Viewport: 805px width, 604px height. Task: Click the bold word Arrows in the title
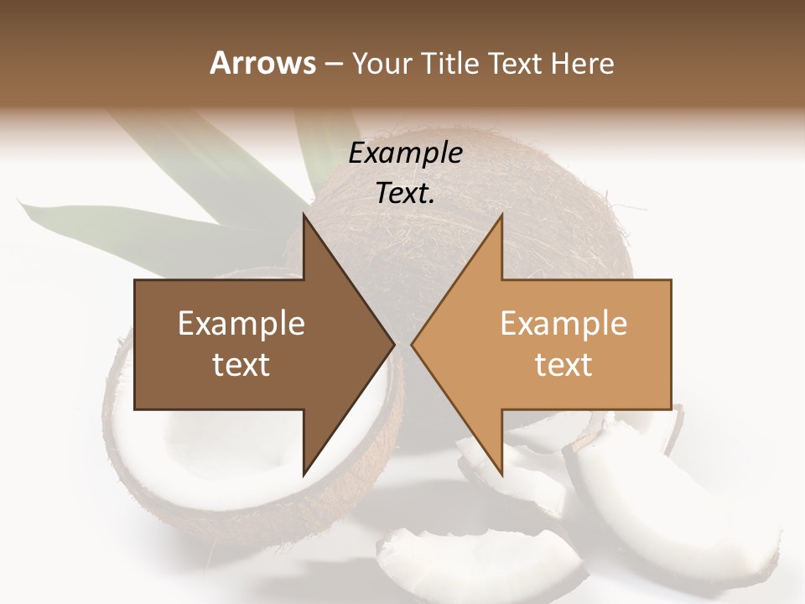click(262, 63)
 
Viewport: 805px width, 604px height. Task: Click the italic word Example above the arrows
click(405, 154)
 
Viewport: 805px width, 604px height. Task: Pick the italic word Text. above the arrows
click(405, 193)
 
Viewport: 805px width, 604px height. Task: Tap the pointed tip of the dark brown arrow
click(392, 344)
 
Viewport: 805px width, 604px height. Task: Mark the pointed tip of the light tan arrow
click(413, 344)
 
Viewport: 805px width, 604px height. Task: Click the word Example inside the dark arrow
click(241, 324)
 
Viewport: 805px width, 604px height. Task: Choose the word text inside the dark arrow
click(241, 365)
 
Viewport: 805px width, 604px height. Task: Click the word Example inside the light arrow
click(563, 324)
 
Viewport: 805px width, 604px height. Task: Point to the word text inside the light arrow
click(563, 365)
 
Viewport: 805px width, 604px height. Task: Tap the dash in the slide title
click(333, 63)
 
